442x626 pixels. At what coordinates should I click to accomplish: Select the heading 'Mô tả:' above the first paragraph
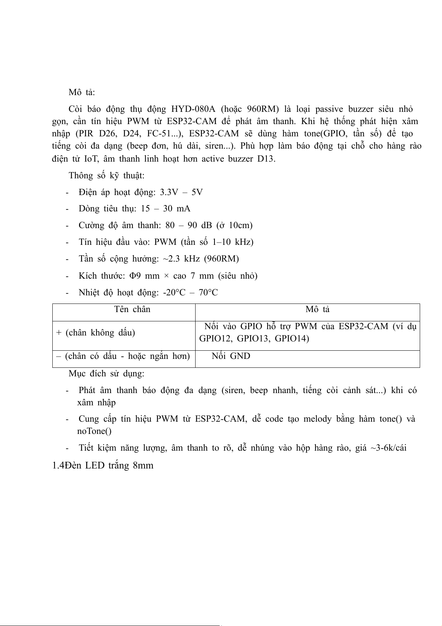[82, 92]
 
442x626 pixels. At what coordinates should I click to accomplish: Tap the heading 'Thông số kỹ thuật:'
[107, 175]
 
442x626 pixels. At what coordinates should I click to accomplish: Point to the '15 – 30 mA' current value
[166, 209]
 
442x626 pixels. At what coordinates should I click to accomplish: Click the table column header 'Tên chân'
[132, 309]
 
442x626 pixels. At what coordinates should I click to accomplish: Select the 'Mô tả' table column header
[317, 309]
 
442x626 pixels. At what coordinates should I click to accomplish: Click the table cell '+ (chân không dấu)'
[95, 333]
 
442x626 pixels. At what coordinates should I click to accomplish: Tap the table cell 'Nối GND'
[231, 356]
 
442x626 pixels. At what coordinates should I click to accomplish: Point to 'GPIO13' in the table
[252, 338]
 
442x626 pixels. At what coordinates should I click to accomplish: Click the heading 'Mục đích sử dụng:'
[107, 373]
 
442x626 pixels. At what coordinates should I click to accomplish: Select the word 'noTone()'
[94, 431]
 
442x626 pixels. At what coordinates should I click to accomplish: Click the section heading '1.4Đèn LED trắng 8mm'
[103, 465]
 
